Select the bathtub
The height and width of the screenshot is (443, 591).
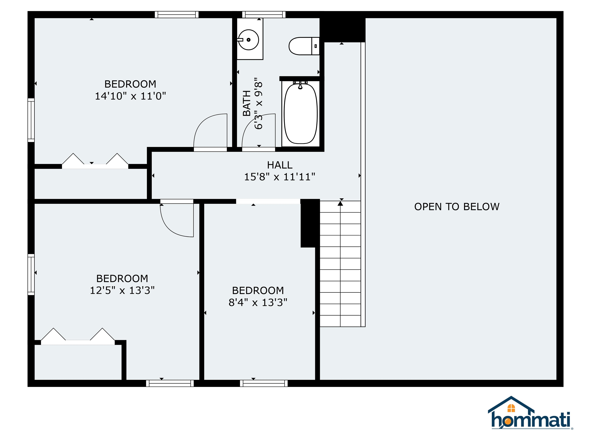(x=301, y=113)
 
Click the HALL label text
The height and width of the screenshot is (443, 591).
(x=280, y=165)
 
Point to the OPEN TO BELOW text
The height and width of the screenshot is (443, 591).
(x=457, y=207)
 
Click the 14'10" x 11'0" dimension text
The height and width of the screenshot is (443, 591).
(x=130, y=96)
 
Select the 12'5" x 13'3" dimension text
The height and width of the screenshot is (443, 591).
(x=122, y=291)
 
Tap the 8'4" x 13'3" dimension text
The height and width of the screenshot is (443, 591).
(x=258, y=302)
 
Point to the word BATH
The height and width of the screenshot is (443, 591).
(x=247, y=103)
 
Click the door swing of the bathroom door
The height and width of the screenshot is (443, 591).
(x=258, y=131)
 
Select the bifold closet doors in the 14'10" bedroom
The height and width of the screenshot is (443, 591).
(x=95, y=162)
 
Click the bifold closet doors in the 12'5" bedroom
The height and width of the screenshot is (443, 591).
(x=78, y=337)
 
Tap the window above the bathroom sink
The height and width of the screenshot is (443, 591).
(x=264, y=15)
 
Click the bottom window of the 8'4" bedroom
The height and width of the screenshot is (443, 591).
(x=264, y=383)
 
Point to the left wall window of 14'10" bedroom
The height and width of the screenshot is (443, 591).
(x=31, y=120)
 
